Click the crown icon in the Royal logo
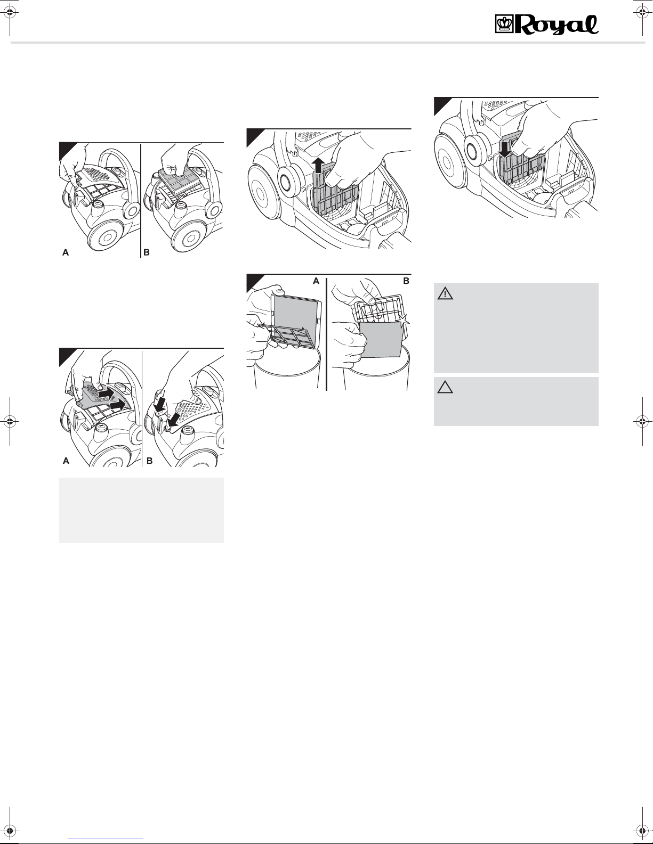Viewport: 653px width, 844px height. point(505,25)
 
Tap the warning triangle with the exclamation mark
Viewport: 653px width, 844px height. point(445,293)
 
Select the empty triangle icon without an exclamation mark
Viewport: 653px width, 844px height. point(445,388)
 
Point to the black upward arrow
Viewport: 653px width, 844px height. point(319,165)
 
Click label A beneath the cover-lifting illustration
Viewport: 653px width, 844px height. point(66,253)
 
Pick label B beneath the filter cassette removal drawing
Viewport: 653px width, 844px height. point(147,253)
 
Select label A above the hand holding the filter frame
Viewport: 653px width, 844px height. point(317,281)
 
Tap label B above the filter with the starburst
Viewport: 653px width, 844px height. point(406,281)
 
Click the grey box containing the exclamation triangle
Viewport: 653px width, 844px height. point(516,327)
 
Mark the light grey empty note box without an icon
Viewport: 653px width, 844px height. point(141,510)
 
